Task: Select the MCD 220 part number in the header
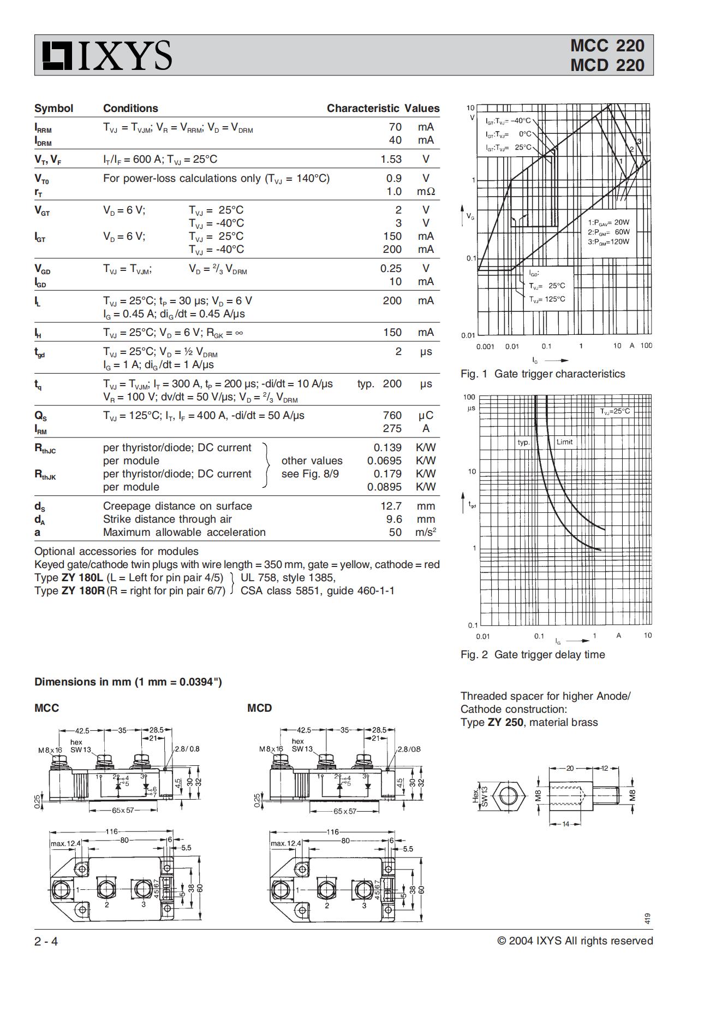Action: pos(607,65)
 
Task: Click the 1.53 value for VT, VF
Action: pos(391,159)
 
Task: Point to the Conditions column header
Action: pos(130,108)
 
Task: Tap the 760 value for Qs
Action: pos(392,415)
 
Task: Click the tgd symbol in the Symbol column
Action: pos(40,352)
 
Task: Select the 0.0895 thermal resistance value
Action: pos(384,487)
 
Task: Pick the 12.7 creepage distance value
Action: pos(391,506)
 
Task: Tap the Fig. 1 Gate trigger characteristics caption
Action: pos(542,374)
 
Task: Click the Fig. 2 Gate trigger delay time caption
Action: pos(532,654)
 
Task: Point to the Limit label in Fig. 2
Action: pos(564,442)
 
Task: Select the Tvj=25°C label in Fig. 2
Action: pos(614,411)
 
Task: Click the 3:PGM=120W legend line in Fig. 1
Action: pos(608,241)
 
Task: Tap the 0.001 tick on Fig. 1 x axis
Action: pos(485,346)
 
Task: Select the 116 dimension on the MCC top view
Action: pos(112,831)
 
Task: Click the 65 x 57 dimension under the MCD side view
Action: pos(344,811)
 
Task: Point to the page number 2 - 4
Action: pos(46,941)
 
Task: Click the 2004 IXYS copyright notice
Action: pos(575,941)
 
